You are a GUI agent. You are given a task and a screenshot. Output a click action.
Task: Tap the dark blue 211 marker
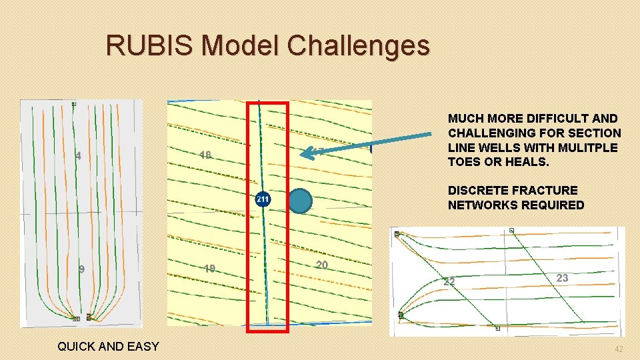click(263, 199)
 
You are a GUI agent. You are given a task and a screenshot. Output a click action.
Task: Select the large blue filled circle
click(301, 201)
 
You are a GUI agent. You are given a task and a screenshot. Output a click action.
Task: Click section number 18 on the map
click(205, 155)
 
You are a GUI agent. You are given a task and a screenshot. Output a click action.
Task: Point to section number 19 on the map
click(209, 269)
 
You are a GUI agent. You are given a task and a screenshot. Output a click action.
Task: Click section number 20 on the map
click(322, 265)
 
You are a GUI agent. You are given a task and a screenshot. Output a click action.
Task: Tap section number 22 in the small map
click(449, 282)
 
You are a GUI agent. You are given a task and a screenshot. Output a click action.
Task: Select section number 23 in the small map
click(562, 278)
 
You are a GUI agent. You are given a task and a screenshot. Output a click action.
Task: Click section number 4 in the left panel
click(79, 156)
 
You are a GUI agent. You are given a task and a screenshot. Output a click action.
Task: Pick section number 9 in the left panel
click(81, 269)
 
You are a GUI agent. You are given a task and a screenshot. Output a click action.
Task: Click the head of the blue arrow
click(304, 154)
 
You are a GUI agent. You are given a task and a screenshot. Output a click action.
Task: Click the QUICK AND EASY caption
click(108, 346)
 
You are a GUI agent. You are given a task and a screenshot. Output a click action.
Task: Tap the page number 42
click(619, 349)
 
